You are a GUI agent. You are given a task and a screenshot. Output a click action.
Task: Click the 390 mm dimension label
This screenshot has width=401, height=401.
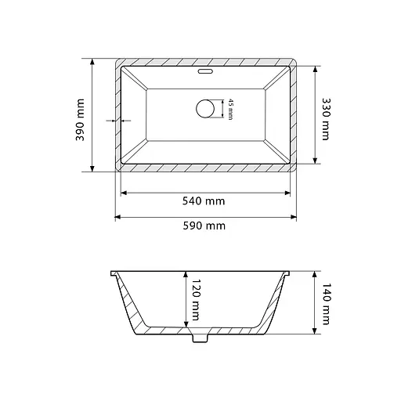[80, 120]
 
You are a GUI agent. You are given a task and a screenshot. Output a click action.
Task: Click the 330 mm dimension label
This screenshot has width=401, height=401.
[326, 119]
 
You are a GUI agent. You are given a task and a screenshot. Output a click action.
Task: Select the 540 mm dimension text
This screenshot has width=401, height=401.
[204, 201]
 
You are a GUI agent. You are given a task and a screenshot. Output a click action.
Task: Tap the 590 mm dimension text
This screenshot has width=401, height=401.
[204, 226]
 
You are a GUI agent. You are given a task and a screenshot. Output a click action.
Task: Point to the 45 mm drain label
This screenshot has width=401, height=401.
[230, 109]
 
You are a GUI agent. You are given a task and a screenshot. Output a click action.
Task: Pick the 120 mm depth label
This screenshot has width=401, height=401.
[196, 300]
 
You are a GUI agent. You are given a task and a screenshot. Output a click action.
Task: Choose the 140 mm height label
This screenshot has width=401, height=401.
[326, 304]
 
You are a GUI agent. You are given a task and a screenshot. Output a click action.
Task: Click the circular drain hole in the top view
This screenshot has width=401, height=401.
[205, 109]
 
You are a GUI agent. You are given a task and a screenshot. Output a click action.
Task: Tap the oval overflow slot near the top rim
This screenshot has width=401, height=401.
[205, 71]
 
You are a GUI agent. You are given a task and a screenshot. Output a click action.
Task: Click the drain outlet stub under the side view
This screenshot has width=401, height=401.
[200, 338]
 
